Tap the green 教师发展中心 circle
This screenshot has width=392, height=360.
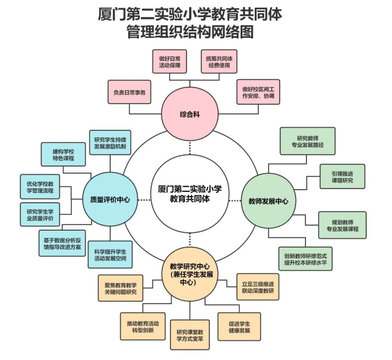pyautogui.click(x=268, y=201)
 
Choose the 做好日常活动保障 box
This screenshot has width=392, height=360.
pyautogui.click(x=170, y=61)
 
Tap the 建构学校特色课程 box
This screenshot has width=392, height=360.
pyautogui.click(x=64, y=155)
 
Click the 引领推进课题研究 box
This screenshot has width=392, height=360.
pyautogui.click(x=342, y=176)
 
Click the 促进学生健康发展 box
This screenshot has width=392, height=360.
pyautogui.click(x=239, y=326)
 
